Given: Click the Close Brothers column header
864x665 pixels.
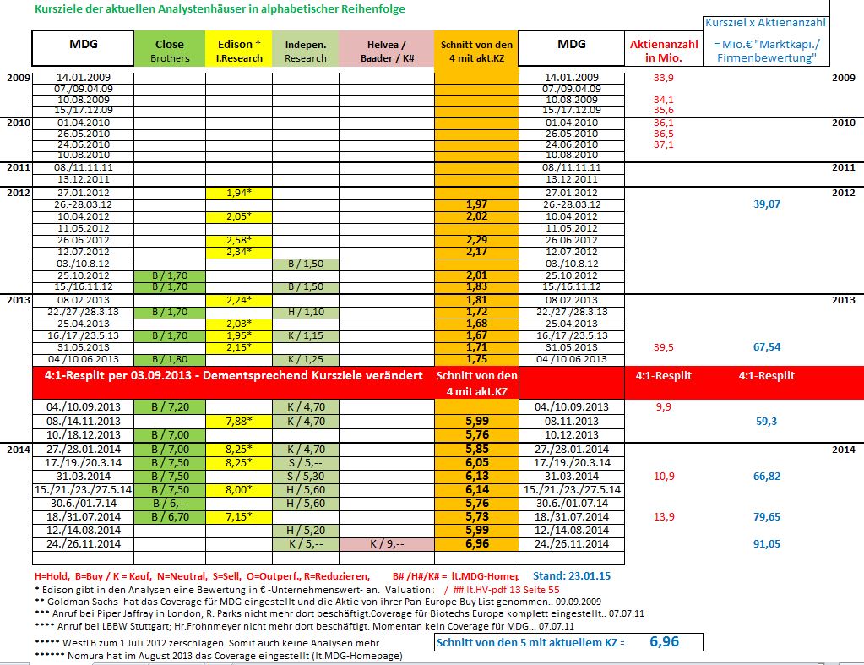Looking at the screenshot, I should click(169, 50).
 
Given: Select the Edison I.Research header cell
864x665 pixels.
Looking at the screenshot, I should click(238, 50).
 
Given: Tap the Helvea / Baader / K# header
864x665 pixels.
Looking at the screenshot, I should click(386, 50).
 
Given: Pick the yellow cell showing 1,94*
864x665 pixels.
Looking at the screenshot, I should click(238, 193).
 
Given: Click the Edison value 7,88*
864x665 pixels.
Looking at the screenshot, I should click(238, 421).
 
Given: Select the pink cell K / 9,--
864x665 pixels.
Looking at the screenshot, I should click(386, 543).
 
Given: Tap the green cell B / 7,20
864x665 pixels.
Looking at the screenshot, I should click(169, 407).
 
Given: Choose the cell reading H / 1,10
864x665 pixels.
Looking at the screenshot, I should click(305, 313).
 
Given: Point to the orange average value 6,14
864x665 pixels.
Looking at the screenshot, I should click(477, 489).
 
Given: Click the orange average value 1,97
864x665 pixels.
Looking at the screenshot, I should click(477, 204).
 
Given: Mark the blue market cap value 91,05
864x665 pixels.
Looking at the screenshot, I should click(766, 544).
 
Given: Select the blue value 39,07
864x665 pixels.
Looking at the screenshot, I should click(766, 204).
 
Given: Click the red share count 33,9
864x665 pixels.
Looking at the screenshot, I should click(664, 78).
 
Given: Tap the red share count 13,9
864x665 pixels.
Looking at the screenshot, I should click(664, 517).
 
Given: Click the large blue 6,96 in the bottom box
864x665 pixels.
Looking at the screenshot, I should click(664, 642).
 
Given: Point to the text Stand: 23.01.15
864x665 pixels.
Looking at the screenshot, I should click(572, 576).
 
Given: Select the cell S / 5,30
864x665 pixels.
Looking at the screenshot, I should click(305, 476).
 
